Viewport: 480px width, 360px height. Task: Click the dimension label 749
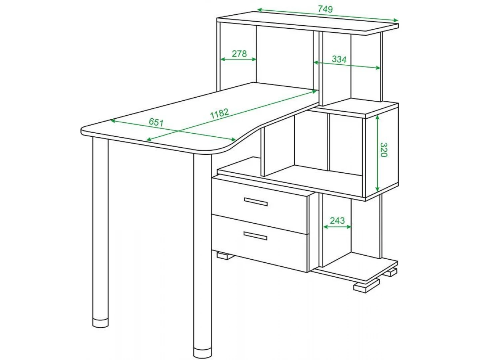coord(325,9)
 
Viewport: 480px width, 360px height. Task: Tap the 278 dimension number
coord(239,54)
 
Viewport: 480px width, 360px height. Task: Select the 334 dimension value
coord(339,59)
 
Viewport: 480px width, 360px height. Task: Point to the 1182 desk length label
coord(219,114)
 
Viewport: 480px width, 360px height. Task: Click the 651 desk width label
coord(156,122)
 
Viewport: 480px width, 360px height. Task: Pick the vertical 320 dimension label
coord(384,150)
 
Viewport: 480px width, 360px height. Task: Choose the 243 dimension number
coord(337,220)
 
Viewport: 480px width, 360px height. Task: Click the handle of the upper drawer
coord(256,202)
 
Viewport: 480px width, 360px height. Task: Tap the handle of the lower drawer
coord(255,236)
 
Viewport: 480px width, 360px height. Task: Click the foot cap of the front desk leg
coord(202,352)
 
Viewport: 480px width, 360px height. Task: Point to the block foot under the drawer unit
coord(225,256)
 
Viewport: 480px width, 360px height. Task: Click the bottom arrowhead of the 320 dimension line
coord(377,188)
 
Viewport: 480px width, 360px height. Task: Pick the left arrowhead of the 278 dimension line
coord(223,59)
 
